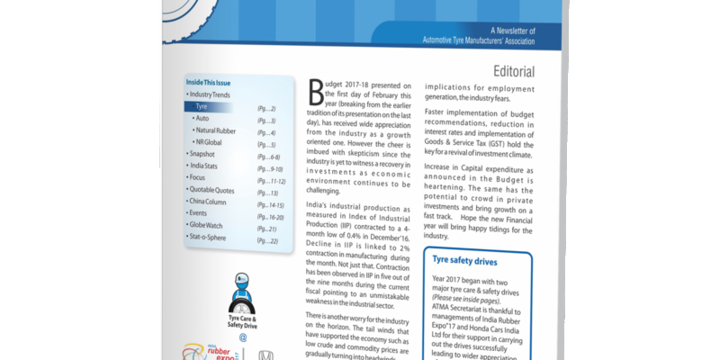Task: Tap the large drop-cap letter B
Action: (315, 89)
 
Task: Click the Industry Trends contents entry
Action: (211, 94)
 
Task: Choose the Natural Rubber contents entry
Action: (217, 131)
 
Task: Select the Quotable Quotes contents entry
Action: (215, 191)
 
